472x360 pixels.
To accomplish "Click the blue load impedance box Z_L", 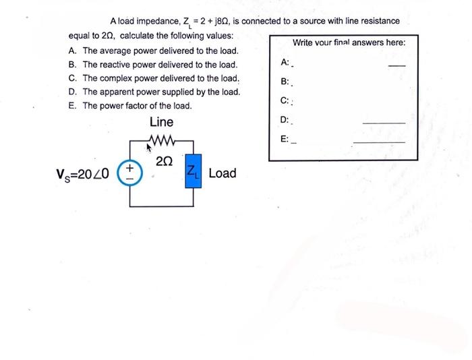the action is (x=192, y=173).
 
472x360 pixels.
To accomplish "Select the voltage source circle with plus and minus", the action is (x=129, y=173).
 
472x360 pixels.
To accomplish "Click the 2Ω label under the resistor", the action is (x=164, y=161).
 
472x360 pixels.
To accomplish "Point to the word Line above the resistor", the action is (x=161, y=122).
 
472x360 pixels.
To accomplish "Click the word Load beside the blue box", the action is (x=223, y=173).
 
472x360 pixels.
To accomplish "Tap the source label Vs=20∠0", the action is (x=86, y=174).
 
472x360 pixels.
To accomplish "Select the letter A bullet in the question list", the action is (x=72, y=51).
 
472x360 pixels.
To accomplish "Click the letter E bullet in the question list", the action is (x=72, y=106).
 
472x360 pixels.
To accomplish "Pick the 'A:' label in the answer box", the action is (x=285, y=63).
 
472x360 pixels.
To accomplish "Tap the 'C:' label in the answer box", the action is (x=285, y=101).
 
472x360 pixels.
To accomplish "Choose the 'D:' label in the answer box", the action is (x=285, y=120).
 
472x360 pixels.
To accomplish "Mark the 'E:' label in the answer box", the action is (x=285, y=139).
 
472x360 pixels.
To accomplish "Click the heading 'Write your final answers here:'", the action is (x=349, y=42).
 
